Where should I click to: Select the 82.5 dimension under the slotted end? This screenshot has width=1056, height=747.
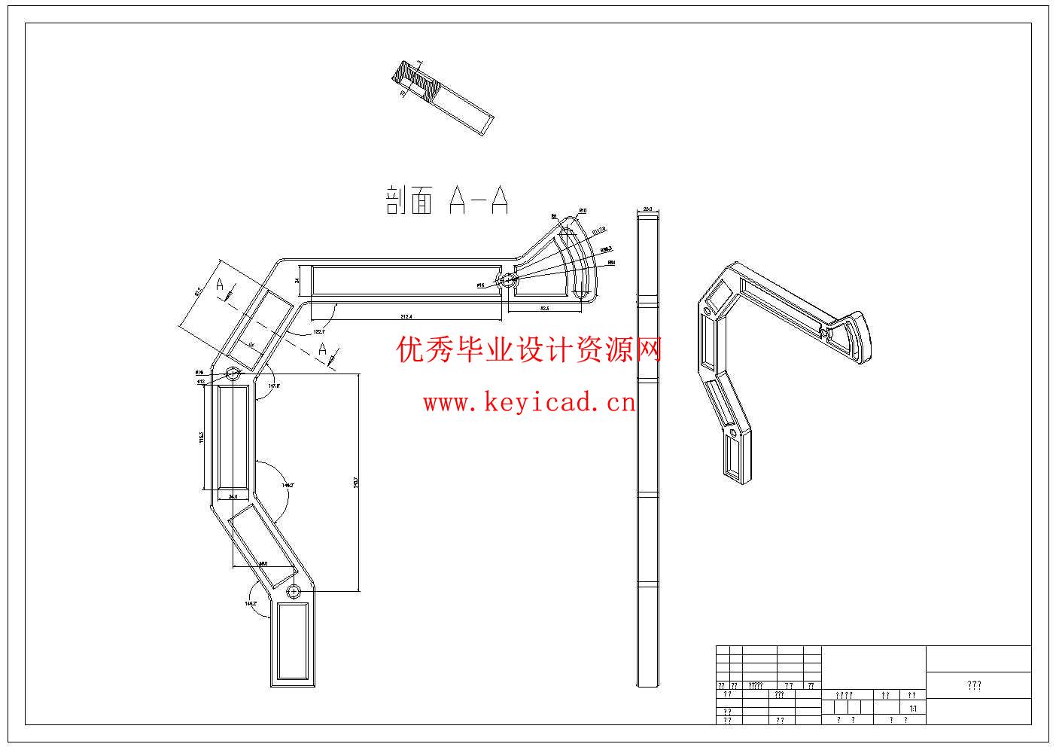pos(543,308)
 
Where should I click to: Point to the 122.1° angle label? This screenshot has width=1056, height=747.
pos(319,331)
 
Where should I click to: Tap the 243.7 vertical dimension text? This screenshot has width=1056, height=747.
pos(355,482)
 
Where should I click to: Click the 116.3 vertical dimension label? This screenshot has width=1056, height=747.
pos(201,438)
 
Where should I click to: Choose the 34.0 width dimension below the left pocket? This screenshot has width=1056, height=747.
pos(233,497)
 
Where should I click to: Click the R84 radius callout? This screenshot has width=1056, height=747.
pos(611,262)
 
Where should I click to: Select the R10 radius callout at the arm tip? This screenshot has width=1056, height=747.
pos(583,210)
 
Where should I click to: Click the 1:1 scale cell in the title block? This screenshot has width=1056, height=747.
pos(913,709)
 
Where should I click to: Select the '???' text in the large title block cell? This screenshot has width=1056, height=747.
pos(974,685)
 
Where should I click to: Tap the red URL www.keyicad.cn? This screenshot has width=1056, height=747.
pos(529,403)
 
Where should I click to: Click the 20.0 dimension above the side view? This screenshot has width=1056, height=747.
pos(647,210)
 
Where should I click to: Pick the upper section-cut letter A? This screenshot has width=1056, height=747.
pos(220,285)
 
